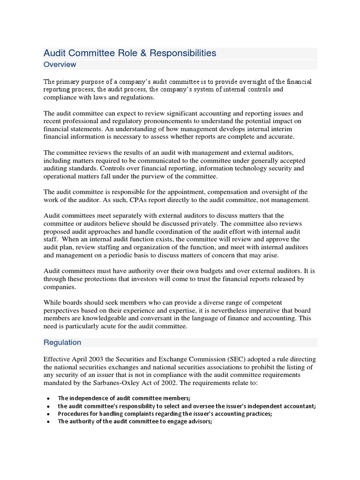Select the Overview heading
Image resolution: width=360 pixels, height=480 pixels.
(x=60, y=64)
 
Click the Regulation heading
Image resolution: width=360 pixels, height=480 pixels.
(x=62, y=342)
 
